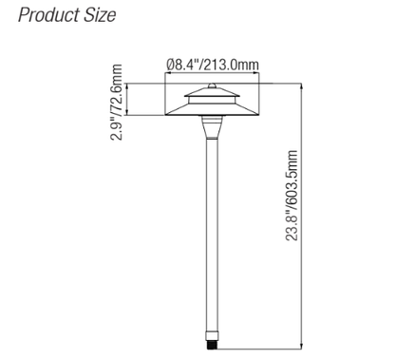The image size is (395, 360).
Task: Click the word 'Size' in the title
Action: point(99,16)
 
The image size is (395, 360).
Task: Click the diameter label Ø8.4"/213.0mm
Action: point(214,65)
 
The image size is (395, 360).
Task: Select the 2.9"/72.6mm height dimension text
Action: point(117,103)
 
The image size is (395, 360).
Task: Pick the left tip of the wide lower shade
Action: point(165,117)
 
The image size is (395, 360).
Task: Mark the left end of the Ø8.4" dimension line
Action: point(165,73)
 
